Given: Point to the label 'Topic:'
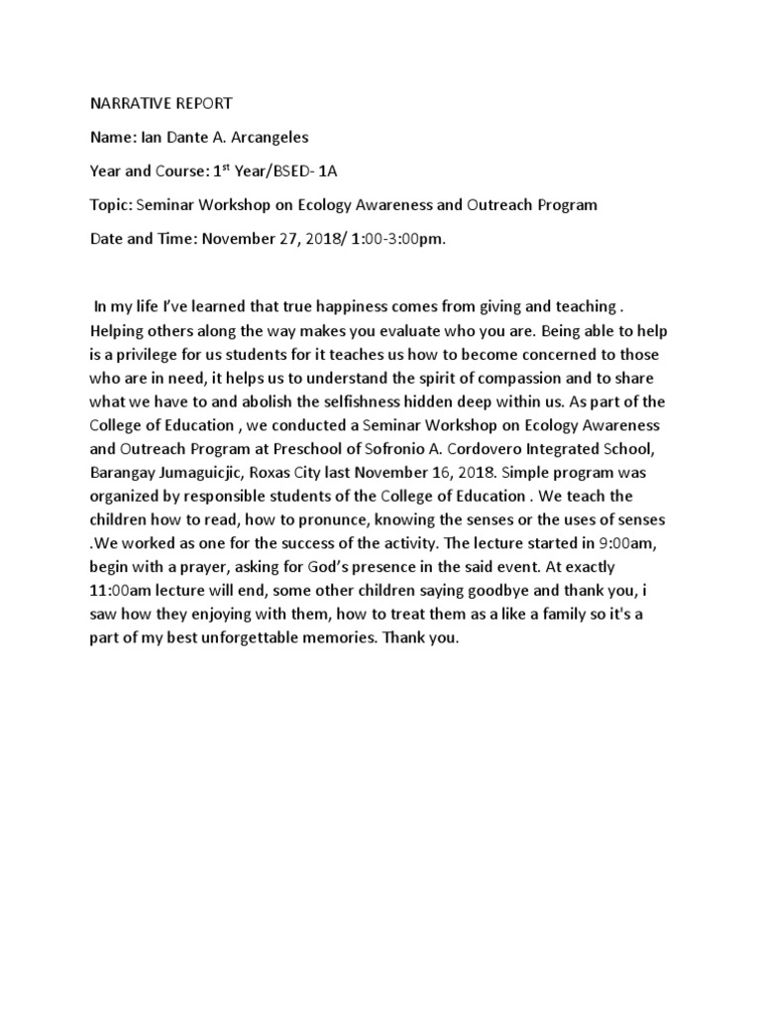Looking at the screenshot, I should coord(112,205).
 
